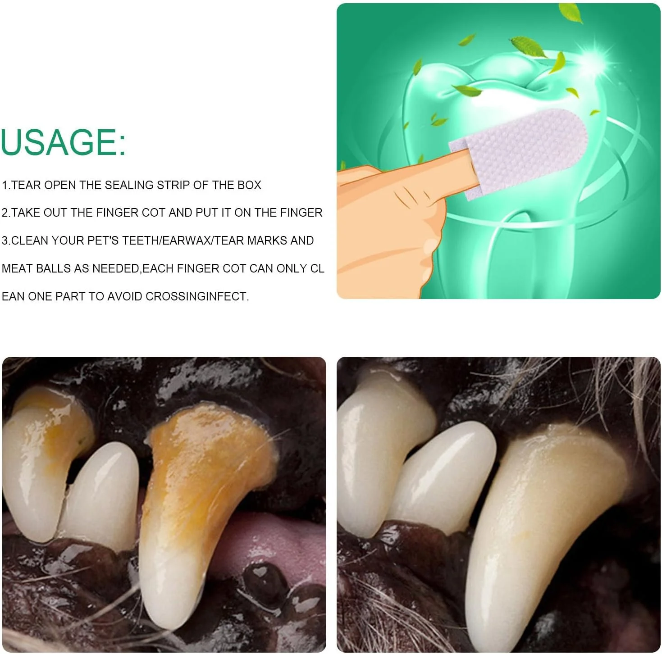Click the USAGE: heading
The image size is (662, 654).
[63, 142]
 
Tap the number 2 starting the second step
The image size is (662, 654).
[5, 213]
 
